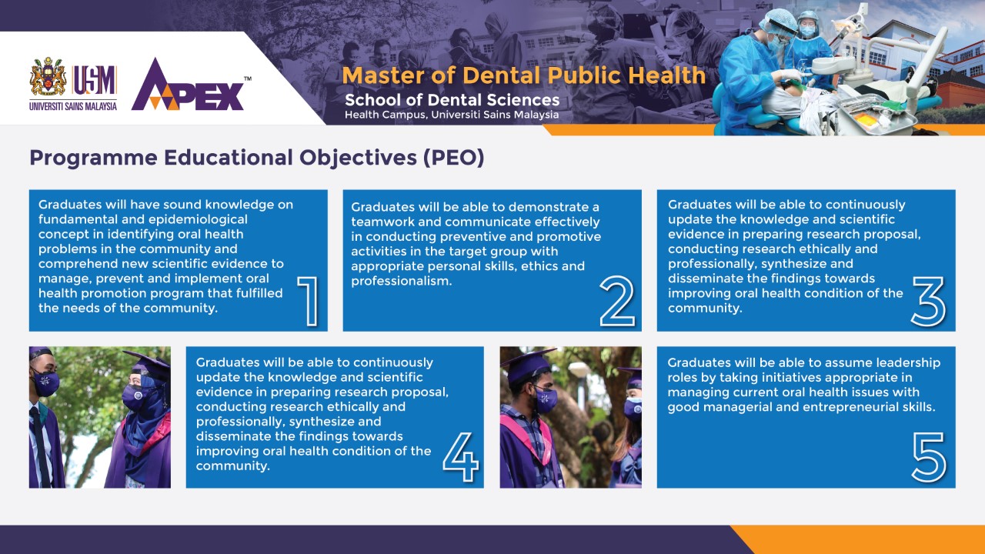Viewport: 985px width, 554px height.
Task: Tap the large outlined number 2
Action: click(617, 301)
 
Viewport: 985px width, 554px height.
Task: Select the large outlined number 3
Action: click(928, 302)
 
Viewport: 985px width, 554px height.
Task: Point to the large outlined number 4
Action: click(460, 457)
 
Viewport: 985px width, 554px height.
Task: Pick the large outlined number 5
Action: click(929, 457)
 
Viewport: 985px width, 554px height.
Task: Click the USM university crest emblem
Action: click(48, 76)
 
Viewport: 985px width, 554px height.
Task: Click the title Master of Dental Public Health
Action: click(524, 75)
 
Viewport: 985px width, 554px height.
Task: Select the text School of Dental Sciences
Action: click(452, 100)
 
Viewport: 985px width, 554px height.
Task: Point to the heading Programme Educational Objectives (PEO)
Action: click(257, 158)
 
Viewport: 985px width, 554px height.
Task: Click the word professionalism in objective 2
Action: click(402, 281)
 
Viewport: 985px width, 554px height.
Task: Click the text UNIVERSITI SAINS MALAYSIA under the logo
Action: click(73, 106)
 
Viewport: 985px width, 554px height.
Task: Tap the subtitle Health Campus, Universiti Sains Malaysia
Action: click(452, 115)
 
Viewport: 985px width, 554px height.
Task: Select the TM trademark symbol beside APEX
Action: click(248, 79)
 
